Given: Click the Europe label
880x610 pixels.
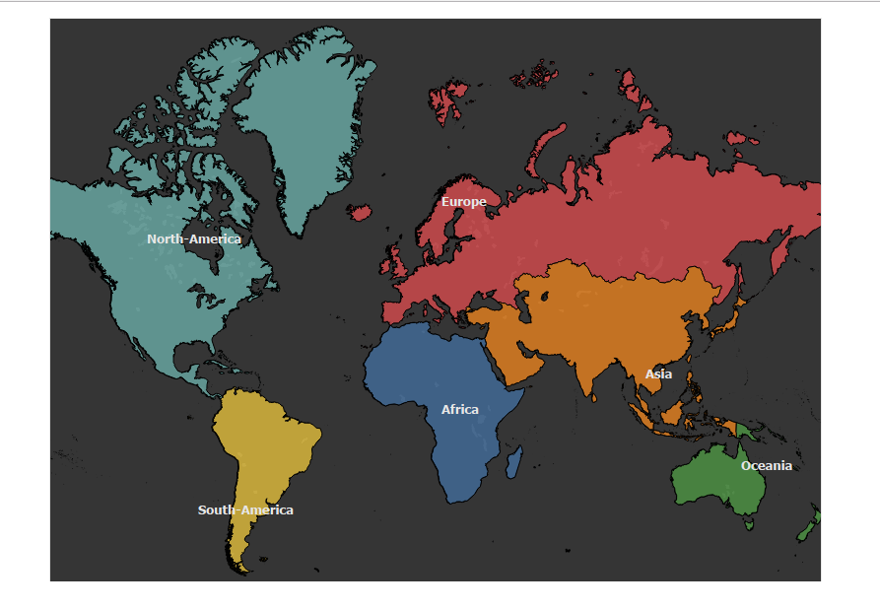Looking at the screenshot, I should tap(463, 202).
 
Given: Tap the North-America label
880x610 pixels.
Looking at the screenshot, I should tap(193, 238).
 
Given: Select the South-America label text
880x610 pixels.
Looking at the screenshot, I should tap(245, 509).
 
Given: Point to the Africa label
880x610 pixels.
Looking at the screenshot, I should tap(459, 409).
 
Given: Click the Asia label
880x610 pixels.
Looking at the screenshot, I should tap(658, 374).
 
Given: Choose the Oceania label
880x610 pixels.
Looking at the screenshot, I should tap(766, 465).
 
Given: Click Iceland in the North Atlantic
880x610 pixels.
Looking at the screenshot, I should tap(360, 212).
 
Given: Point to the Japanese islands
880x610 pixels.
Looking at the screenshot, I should tap(730, 311).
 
